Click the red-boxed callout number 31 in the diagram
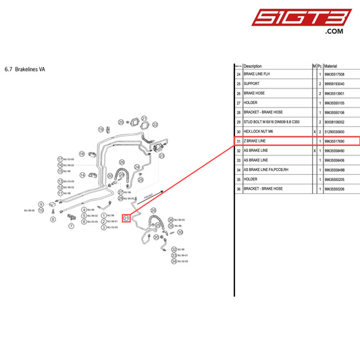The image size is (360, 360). point(126,218)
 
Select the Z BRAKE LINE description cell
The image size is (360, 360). point(256,140)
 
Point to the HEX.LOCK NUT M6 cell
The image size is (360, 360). point(260,131)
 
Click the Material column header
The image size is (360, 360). point(334,66)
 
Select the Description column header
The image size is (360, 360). point(253,66)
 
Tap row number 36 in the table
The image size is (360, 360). point(238,189)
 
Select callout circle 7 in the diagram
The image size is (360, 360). point(72,226)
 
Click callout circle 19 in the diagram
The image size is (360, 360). point(101,129)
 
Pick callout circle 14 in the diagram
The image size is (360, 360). point(82,175)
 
